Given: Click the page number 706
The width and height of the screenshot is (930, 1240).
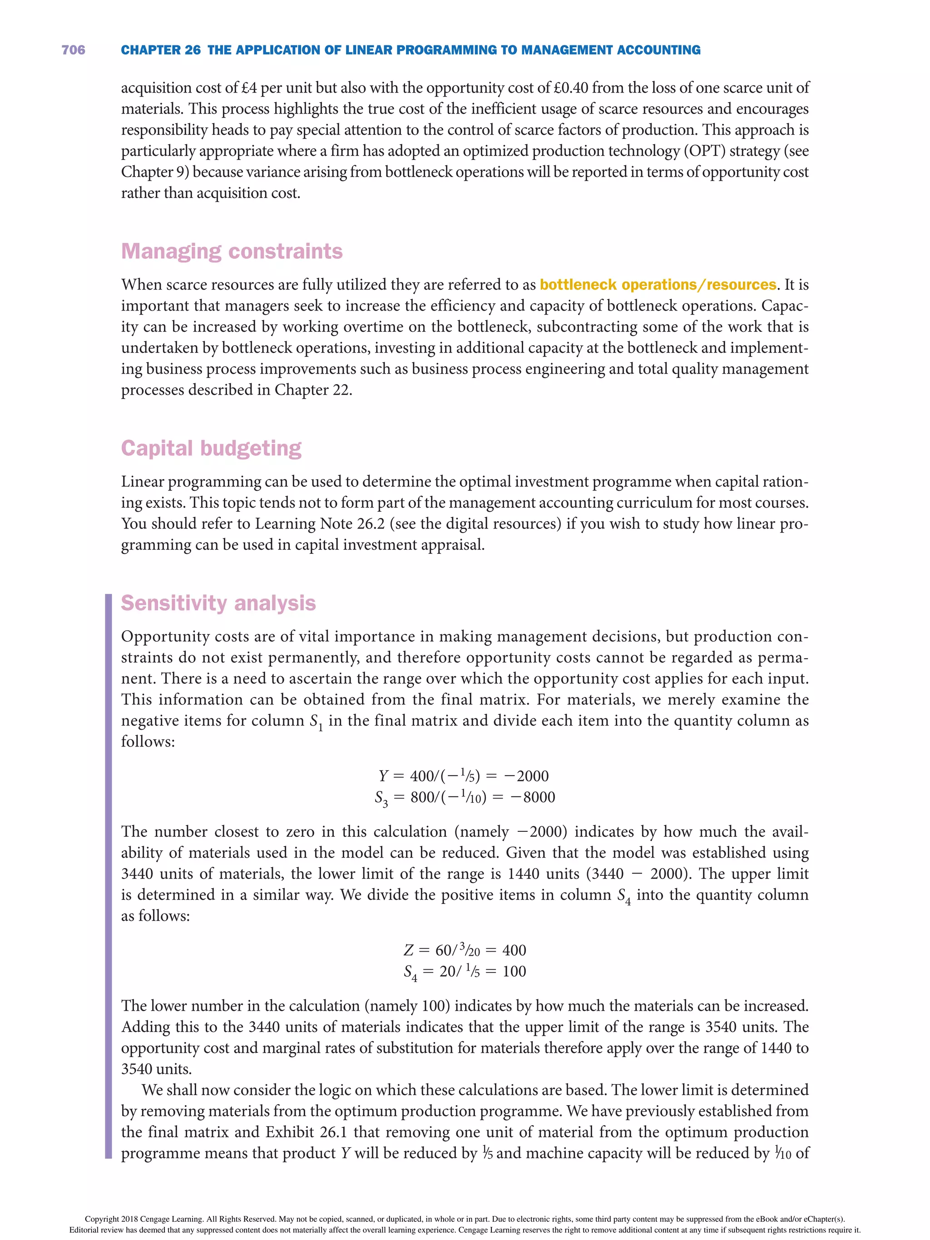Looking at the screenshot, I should click(74, 50).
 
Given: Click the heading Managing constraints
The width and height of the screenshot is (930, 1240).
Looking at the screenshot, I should click(232, 251).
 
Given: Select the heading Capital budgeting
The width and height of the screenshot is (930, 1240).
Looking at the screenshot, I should click(211, 449).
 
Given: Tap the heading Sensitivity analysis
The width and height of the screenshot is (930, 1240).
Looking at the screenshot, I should click(218, 603).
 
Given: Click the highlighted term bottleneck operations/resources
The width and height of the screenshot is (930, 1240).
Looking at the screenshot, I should click(658, 285).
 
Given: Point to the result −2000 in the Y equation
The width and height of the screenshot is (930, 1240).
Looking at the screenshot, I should click(526, 776).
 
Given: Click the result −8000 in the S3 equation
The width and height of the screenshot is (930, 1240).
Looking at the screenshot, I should click(533, 798).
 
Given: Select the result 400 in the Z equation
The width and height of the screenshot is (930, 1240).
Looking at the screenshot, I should click(514, 951).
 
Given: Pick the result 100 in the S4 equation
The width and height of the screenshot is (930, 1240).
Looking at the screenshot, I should click(514, 972).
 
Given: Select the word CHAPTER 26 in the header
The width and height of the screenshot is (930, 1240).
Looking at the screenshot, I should click(160, 50).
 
